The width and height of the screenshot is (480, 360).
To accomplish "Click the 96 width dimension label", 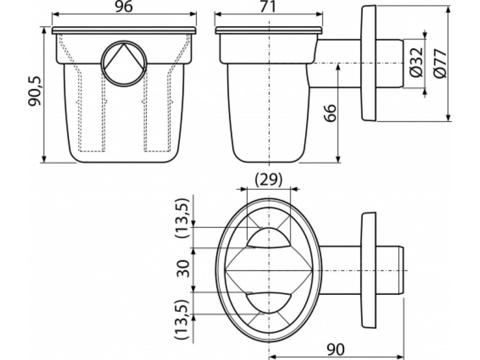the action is click(x=124, y=7).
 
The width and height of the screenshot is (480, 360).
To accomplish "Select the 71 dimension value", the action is click(x=269, y=7).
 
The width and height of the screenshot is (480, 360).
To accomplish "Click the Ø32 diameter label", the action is click(x=416, y=59).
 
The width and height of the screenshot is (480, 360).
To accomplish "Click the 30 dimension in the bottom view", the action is click(x=184, y=269).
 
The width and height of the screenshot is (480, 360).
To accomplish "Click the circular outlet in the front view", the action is click(x=124, y=62).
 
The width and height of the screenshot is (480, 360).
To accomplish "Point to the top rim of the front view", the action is click(x=124, y=30).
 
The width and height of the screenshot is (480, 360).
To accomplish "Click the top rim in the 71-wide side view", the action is click(x=269, y=30).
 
